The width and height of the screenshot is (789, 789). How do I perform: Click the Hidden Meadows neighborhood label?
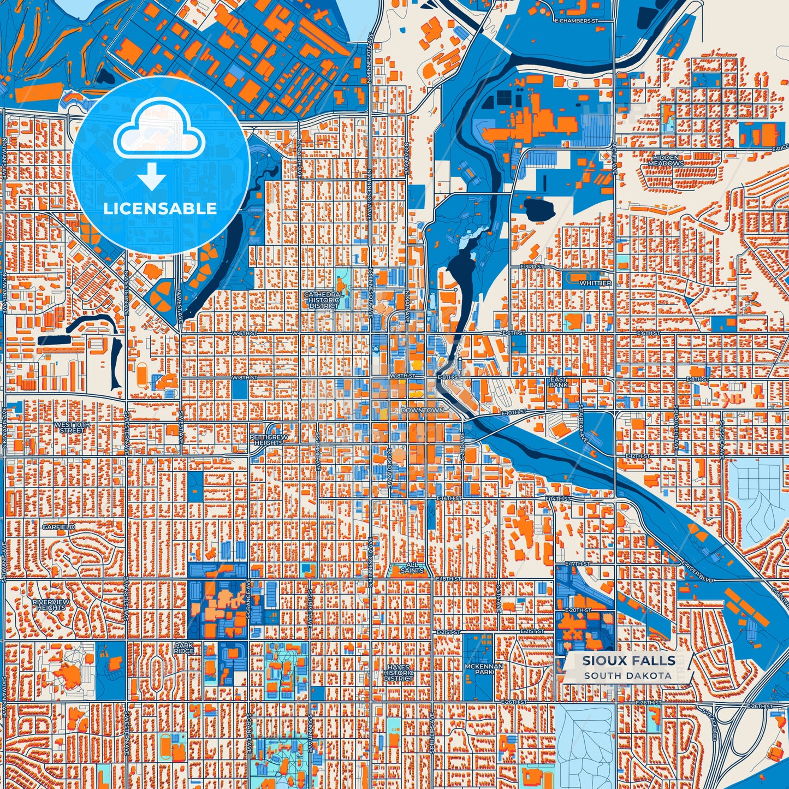pyautogui.click(x=666, y=161)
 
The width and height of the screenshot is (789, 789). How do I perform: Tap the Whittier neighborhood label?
pyautogui.click(x=595, y=283)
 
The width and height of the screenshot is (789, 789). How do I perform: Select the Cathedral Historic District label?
pyautogui.click(x=324, y=300)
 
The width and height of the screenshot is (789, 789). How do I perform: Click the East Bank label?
pyautogui.click(x=559, y=382)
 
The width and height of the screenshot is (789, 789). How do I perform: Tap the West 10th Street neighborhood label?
pyautogui.click(x=72, y=427)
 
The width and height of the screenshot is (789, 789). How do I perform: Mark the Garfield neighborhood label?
pyautogui.click(x=59, y=527)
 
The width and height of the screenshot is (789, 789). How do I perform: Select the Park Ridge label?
pyautogui.click(x=184, y=648)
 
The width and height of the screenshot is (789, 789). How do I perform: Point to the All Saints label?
pyautogui.click(x=412, y=568)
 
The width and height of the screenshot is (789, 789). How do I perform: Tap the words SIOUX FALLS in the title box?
pyautogui.click(x=628, y=660)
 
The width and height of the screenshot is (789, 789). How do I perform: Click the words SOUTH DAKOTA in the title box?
pyautogui.click(x=627, y=675)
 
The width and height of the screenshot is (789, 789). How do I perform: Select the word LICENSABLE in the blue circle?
pyautogui.click(x=160, y=209)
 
